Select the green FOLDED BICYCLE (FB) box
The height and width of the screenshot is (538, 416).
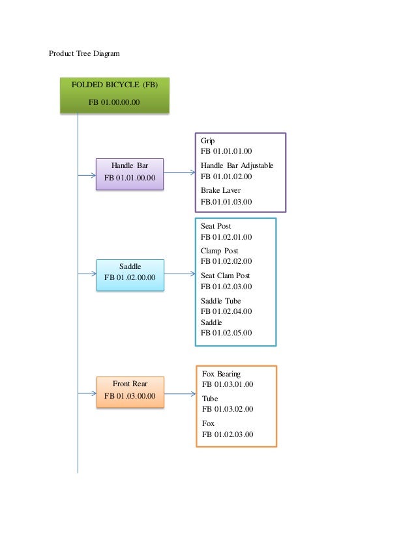(x=115, y=95)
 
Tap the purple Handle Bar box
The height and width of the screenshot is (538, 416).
(x=130, y=173)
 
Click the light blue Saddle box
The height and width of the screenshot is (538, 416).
(x=130, y=276)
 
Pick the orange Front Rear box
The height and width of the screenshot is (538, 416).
(x=130, y=392)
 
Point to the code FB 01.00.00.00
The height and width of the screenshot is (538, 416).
(x=114, y=102)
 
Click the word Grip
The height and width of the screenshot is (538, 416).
(x=208, y=141)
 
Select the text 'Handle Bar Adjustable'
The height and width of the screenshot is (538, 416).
(x=237, y=165)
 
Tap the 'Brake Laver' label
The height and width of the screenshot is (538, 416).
(x=220, y=190)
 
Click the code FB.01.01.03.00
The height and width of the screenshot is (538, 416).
(x=226, y=202)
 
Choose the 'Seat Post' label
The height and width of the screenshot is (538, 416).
(x=216, y=226)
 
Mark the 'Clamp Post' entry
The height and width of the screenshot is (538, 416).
(x=220, y=251)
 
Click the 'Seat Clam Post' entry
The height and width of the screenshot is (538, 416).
(x=226, y=276)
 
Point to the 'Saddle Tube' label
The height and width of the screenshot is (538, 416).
(x=221, y=301)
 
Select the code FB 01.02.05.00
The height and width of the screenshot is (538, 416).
(x=226, y=333)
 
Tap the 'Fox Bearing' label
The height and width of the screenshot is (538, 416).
(x=221, y=374)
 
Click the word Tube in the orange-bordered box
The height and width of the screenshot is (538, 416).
(x=210, y=399)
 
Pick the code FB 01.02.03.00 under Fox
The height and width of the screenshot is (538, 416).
(x=228, y=434)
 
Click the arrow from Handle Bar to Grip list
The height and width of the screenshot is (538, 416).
(x=179, y=173)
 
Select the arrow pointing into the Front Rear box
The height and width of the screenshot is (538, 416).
(x=87, y=393)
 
